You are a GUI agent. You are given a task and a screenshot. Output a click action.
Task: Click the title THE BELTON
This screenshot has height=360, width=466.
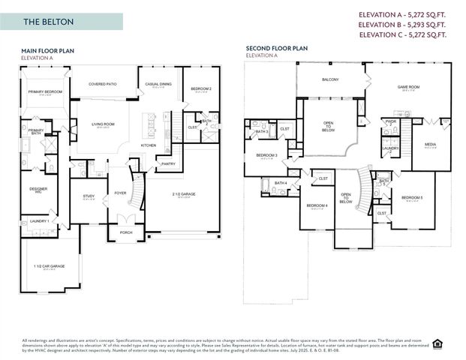[48, 22]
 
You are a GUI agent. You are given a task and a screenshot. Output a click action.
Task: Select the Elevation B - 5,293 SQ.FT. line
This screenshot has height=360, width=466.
[403, 24]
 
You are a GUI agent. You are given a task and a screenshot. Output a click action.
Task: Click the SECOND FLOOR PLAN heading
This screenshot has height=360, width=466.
[276, 48]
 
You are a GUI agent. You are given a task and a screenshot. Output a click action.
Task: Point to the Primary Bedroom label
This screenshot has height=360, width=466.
[44, 91]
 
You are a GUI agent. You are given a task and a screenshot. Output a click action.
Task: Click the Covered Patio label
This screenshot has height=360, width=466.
[104, 84]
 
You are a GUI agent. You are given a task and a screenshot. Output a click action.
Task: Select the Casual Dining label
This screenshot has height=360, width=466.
[158, 84]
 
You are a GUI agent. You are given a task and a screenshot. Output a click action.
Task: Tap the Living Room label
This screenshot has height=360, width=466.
[103, 124]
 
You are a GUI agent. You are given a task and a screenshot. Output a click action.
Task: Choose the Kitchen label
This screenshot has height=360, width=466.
[149, 145]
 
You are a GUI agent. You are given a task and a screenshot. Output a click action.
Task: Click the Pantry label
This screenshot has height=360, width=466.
[168, 163]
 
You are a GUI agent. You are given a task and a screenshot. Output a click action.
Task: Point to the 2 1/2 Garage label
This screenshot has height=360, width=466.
[184, 194]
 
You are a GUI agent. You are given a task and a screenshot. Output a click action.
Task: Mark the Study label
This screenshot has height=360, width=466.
[89, 196]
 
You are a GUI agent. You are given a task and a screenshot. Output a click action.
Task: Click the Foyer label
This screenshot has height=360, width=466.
[120, 193]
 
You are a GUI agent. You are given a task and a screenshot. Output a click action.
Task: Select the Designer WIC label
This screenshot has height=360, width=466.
[39, 190]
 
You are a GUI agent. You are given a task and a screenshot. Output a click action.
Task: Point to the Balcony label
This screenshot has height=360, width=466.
[330, 79]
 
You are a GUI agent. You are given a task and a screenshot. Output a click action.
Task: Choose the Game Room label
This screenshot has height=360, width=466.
[407, 87]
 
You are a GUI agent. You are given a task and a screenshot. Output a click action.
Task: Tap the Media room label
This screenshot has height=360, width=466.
[430, 145]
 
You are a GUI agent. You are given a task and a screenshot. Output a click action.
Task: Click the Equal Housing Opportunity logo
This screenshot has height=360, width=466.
[449, 343]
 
